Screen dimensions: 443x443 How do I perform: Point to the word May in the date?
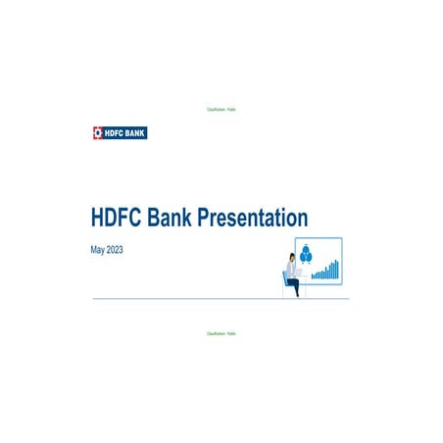tap(97, 251)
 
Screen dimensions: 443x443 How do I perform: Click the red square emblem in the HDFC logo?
tap(97, 131)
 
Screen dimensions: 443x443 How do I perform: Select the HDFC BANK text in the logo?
tap(125, 131)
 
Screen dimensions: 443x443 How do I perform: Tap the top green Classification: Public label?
tap(221, 109)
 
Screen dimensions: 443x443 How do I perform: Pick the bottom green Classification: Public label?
tap(221, 334)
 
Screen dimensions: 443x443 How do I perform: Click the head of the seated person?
tap(291, 258)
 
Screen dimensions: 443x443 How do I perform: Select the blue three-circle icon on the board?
tap(305, 255)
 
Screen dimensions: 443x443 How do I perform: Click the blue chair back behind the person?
tap(285, 279)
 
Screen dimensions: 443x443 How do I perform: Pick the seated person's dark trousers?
tap(293, 286)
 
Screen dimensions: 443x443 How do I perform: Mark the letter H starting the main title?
tap(97, 217)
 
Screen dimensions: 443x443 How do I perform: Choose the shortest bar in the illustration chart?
tap(313, 276)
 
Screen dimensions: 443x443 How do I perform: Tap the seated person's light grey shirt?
tap(290, 270)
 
